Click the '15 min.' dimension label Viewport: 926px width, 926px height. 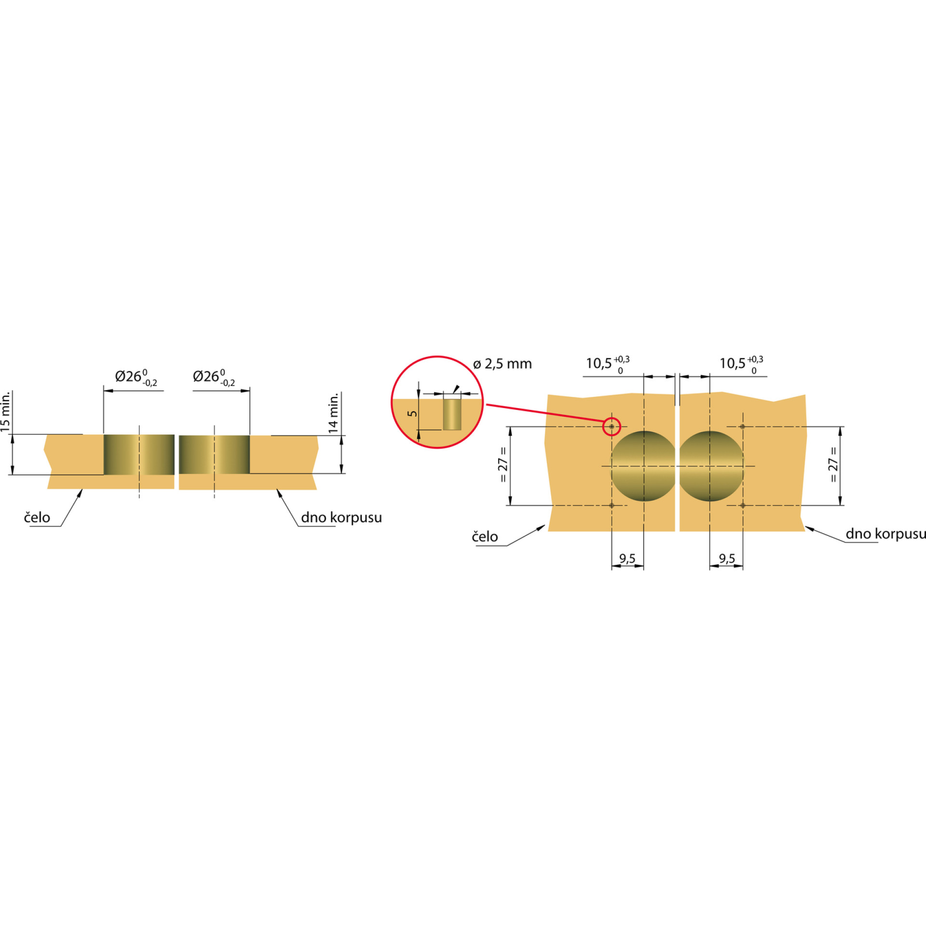(5, 411)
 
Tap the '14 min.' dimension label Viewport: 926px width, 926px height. (333, 413)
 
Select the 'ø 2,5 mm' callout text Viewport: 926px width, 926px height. (503, 364)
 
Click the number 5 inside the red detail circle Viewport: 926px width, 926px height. (412, 413)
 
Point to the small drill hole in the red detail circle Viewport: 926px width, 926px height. (452, 414)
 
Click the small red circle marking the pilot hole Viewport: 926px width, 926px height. (612, 427)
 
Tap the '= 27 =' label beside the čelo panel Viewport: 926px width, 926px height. (503, 464)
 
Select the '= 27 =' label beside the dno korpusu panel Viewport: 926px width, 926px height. (833, 464)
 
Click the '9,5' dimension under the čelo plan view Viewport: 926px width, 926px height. (627, 558)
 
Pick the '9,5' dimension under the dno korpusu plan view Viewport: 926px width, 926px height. (727, 558)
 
